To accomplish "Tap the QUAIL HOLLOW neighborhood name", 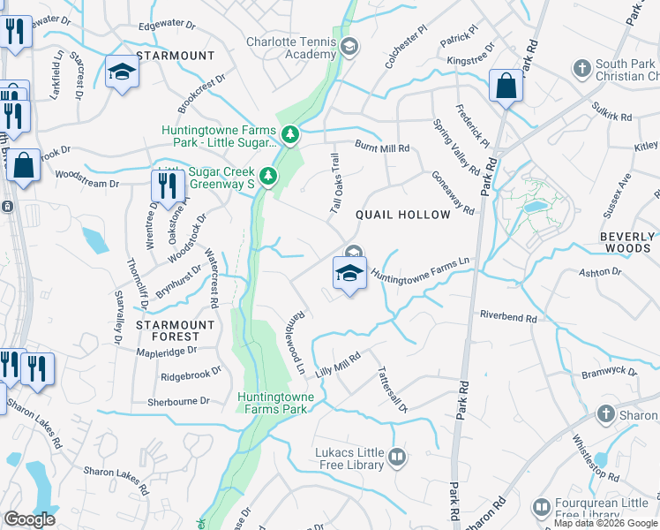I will (x=402, y=215).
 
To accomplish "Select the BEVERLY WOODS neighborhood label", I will (x=627, y=244).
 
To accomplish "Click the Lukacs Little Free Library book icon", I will (x=397, y=457).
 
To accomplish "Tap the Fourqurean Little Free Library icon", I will (x=540, y=508).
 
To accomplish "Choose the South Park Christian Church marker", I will (x=581, y=68).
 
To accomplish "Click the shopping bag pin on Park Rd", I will (x=506, y=87).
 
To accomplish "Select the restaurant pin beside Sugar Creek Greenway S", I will (x=165, y=184).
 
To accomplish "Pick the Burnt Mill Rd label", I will (x=382, y=148).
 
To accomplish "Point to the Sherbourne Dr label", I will (x=178, y=400).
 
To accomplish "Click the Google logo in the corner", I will (x=30, y=519).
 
